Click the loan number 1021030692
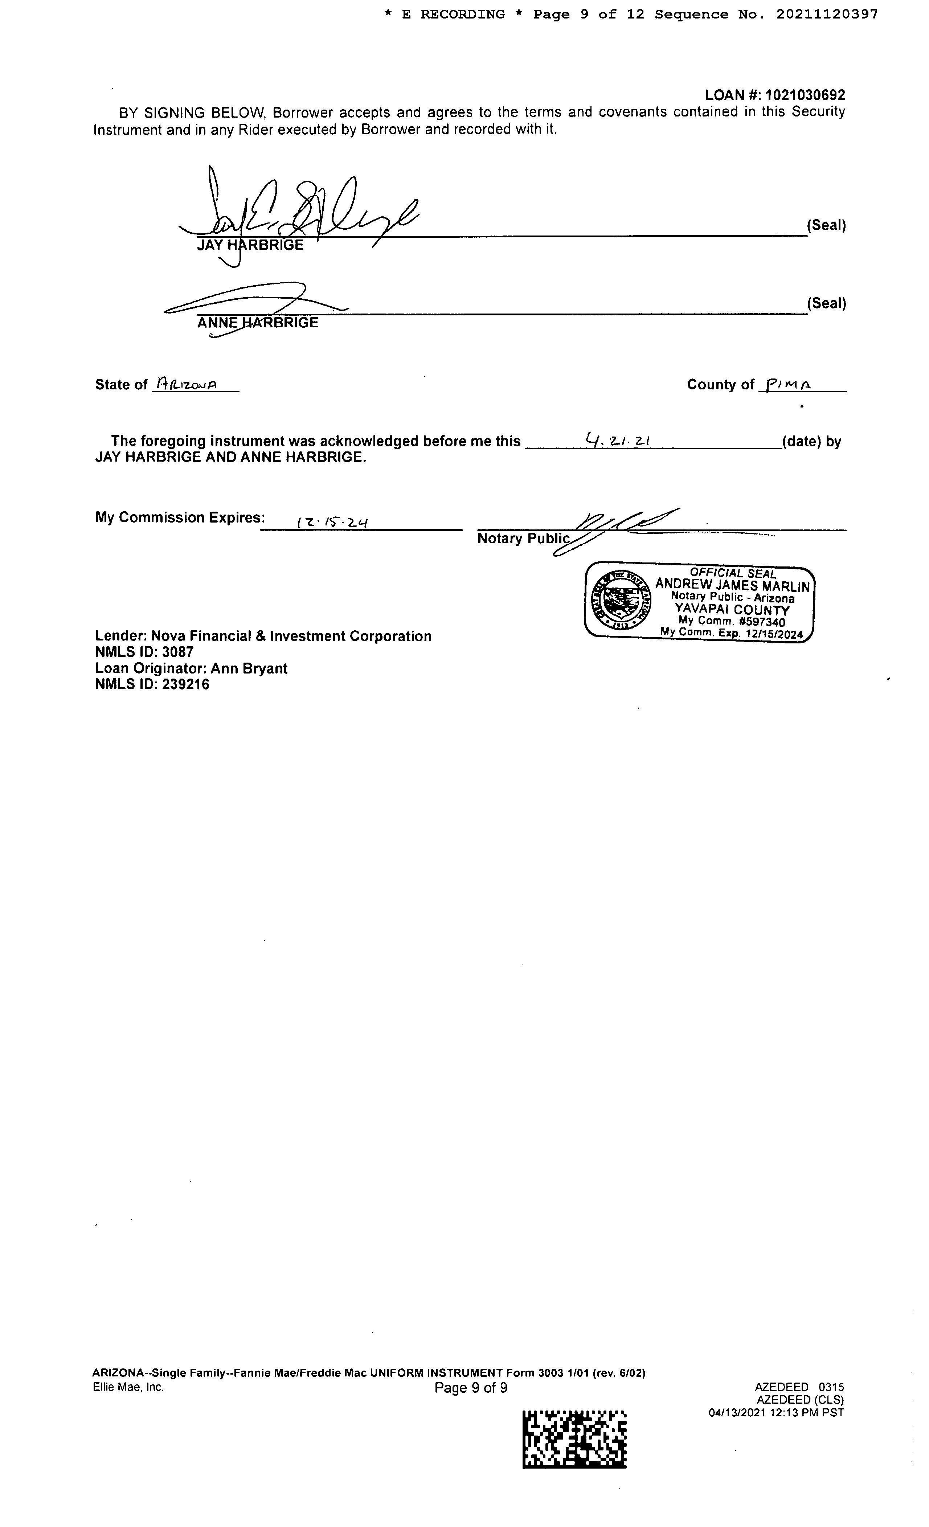coord(805,95)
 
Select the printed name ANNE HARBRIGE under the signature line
coord(257,323)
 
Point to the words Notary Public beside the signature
coord(523,539)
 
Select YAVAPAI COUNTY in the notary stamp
coord(732,609)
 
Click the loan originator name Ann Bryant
coord(249,669)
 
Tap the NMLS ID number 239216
coord(186,685)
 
